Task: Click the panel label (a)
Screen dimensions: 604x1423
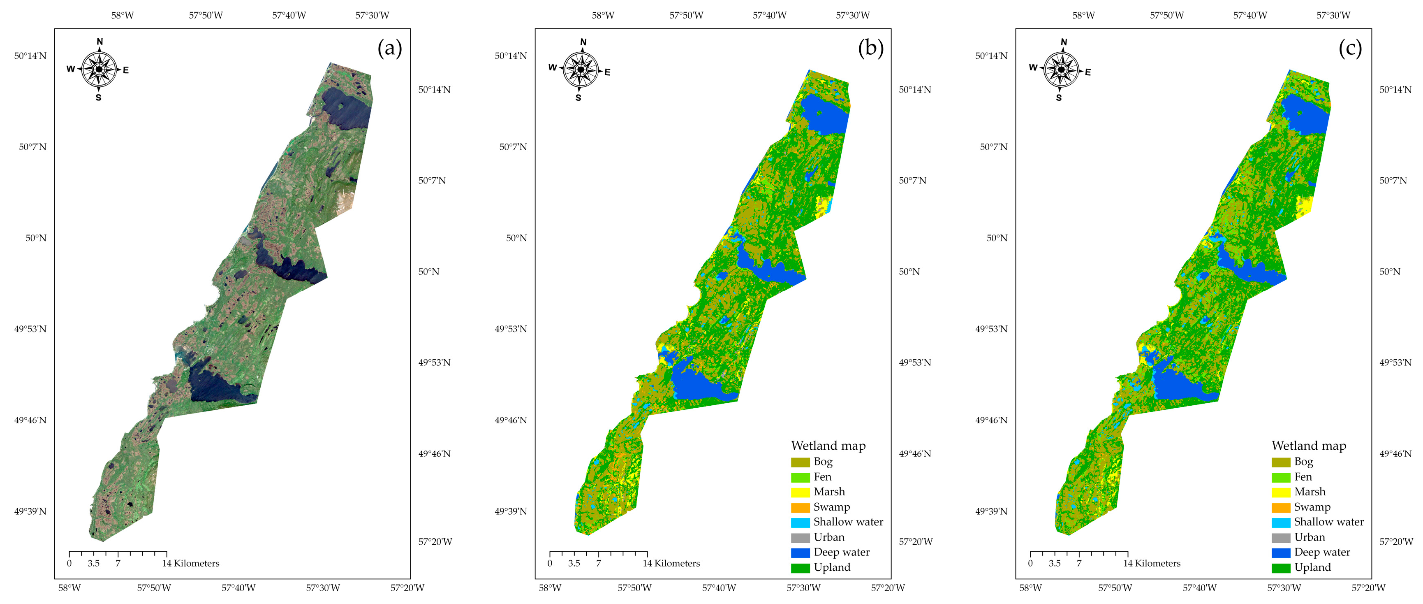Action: click(x=389, y=49)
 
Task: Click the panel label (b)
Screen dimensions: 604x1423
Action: click(x=870, y=49)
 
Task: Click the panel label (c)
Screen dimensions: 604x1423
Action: click(x=1350, y=49)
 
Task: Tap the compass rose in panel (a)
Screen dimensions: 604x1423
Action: click(x=99, y=70)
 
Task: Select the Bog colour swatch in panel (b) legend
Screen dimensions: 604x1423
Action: click(x=800, y=462)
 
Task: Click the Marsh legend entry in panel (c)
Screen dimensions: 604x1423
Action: click(x=1309, y=492)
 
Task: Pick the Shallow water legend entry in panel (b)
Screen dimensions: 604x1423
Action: click(x=847, y=522)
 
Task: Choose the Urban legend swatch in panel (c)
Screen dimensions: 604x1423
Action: click(x=1280, y=538)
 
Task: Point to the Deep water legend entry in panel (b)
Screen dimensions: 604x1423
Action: click(x=841, y=553)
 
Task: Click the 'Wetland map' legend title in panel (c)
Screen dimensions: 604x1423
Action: click(x=1308, y=446)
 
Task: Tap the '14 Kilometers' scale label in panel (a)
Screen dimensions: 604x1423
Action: click(x=191, y=564)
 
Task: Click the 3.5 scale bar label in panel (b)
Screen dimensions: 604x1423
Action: click(x=574, y=564)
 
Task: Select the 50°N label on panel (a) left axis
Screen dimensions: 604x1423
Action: click(x=36, y=238)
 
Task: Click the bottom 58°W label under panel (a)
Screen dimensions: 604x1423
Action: click(x=69, y=588)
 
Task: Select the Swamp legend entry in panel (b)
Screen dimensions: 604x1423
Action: click(x=831, y=507)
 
